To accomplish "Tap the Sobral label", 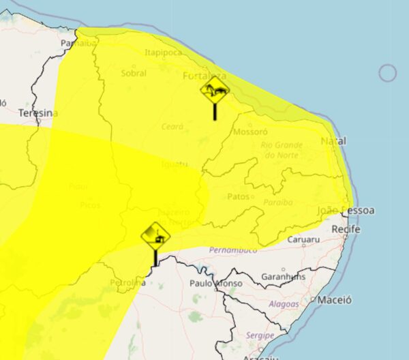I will [x=134, y=73].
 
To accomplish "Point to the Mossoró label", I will [x=249, y=132].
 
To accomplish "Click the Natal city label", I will [x=333, y=141].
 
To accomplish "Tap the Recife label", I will [x=345, y=230].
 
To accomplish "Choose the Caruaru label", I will [x=303, y=240].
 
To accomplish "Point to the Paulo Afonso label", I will [x=216, y=283].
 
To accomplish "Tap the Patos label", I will [x=239, y=196].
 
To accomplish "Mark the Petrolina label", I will [x=127, y=282].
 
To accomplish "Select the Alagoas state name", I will [x=284, y=305].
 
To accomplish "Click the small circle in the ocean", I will [x=387, y=73].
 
